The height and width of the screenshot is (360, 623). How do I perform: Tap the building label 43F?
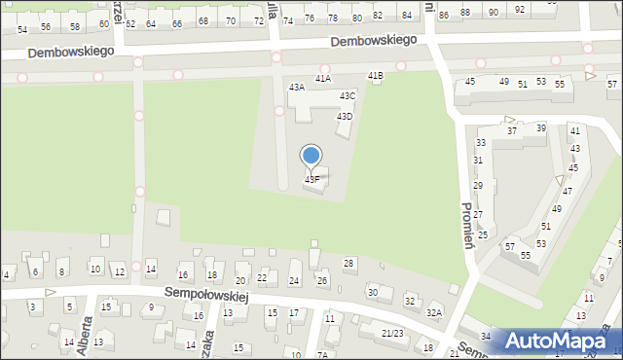(311, 180)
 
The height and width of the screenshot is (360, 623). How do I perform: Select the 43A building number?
(297, 87)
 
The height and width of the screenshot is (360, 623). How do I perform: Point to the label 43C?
(348, 95)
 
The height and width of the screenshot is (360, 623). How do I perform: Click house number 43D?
(345, 116)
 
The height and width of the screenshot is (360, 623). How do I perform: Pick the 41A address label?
(322, 78)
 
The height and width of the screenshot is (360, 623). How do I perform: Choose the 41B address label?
(375, 76)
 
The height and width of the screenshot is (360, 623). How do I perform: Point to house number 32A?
(434, 312)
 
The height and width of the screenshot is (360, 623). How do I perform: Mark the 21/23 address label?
(392, 333)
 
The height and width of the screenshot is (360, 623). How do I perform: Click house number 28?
(348, 264)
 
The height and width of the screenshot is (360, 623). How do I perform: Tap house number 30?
(372, 292)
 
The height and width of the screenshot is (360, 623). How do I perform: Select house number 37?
(512, 130)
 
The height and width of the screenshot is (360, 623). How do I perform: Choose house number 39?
(541, 128)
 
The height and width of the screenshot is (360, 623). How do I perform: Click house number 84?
(407, 16)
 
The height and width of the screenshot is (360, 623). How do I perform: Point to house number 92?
(520, 10)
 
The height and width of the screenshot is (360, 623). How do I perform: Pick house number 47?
(567, 191)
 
